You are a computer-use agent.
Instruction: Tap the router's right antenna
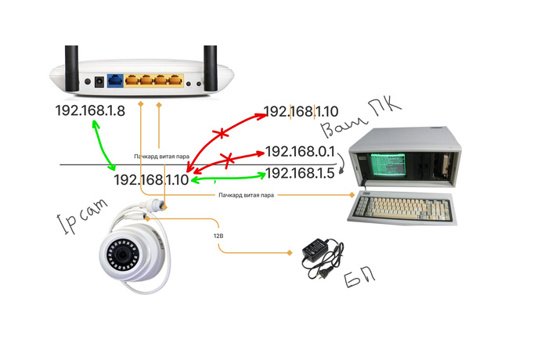pos(210,59)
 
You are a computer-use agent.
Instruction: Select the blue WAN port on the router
pos(115,79)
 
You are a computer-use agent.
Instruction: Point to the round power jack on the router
pos(99,80)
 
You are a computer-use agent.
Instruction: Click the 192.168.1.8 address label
pos(90,111)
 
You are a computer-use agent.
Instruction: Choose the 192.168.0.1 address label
pos(300,151)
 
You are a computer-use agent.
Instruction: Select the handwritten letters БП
pos(362,278)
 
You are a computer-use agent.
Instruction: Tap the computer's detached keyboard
pos(403,207)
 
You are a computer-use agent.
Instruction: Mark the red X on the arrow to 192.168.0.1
pos(228,161)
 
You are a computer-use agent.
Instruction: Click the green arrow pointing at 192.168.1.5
pos(227,181)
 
